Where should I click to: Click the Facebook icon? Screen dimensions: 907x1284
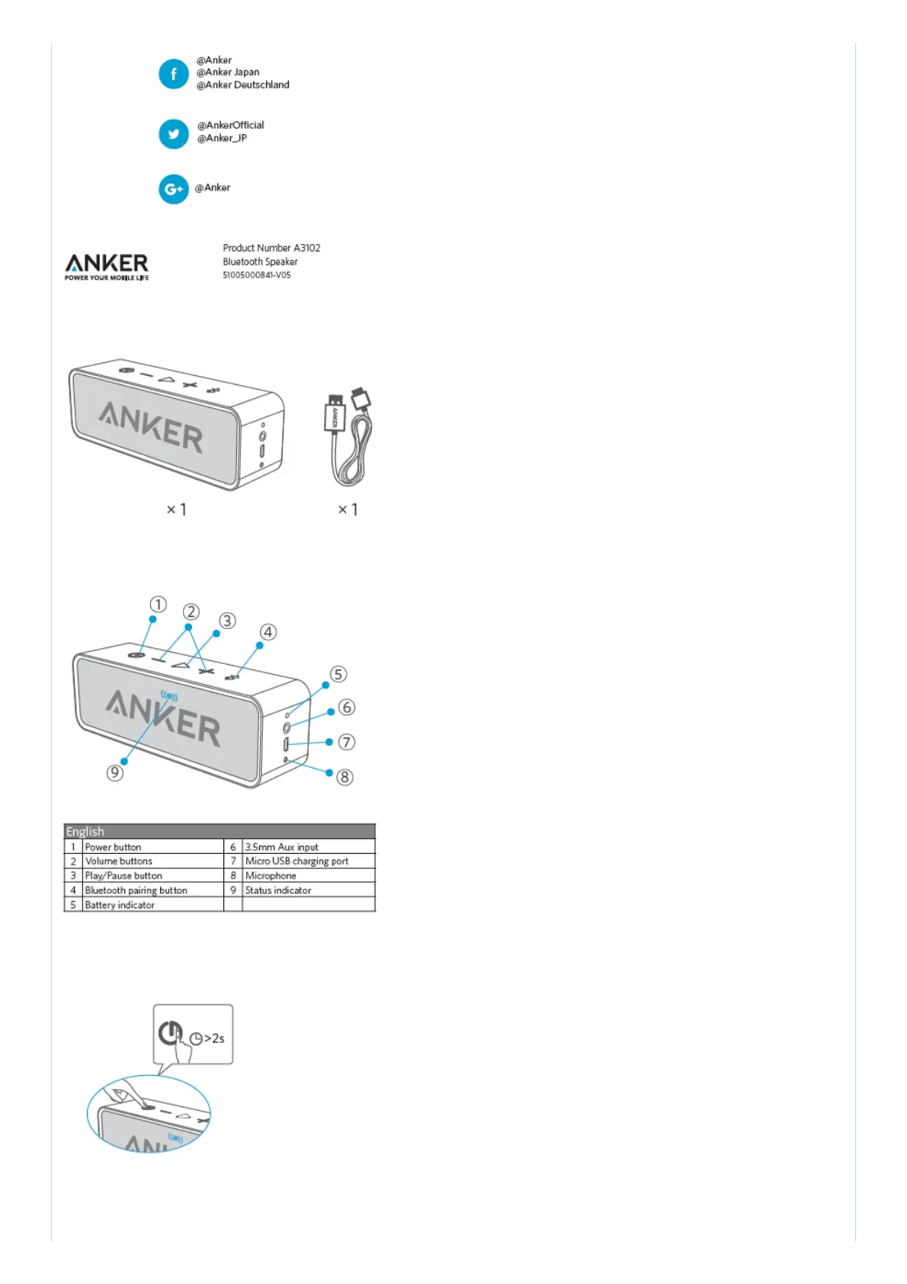[173, 74]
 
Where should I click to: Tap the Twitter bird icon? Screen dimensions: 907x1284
[173, 134]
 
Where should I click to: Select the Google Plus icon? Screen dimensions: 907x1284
[173, 189]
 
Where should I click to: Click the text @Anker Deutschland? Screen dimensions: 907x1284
[243, 85]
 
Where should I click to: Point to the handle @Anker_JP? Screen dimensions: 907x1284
[222, 138]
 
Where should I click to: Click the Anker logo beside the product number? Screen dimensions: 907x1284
[107, 266]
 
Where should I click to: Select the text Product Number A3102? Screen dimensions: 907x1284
[271, 248]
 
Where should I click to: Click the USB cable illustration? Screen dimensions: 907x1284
[349, 438]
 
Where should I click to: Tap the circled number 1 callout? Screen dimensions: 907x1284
[158, 605]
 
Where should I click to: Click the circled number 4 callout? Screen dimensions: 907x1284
[268, 632]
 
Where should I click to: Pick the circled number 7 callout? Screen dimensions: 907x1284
[347, 742]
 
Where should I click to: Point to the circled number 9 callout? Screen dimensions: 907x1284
[115, 772]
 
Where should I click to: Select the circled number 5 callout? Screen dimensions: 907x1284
[338, 674]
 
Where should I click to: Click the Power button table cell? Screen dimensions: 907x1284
[114, 847]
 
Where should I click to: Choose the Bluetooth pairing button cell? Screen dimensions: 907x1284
[136, 891]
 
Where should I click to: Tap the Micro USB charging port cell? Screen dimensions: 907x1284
[296, 862]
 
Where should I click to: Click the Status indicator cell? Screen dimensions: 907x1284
[278, 891]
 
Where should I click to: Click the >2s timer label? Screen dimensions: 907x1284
[213, 1038]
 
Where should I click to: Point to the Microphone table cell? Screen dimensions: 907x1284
[271, 876]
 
